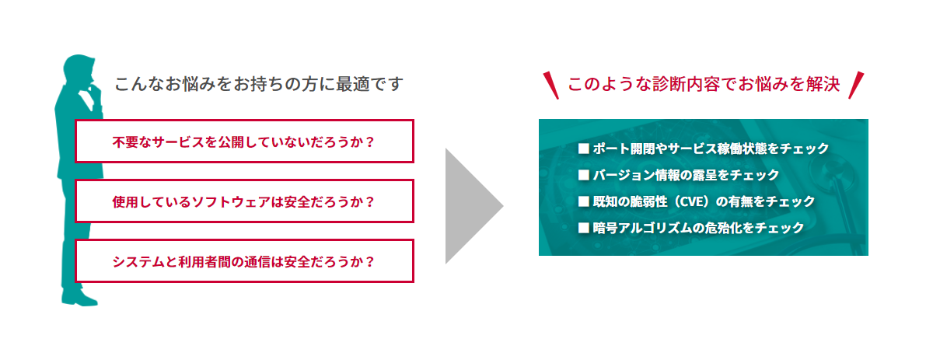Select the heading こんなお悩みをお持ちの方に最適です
(x=259, y=84)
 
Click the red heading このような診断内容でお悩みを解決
(x=704, y=84)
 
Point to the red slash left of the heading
(x=551, y=86)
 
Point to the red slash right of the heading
(x=856, y=86)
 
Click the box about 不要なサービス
(x=244, y=142)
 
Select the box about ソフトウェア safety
(x=244, y=201)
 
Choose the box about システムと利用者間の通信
(x=244, y=261)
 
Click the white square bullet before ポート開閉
(x=584, y=149)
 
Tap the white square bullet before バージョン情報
(x=584, y=175)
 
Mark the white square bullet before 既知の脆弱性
(x=584, y=201)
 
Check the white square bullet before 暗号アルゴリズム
(x=584, y=228)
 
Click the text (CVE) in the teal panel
(x=691, y=201)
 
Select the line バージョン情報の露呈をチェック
(x=686, y=175)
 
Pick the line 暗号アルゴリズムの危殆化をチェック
(x=698, y=228)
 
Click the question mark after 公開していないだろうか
(x=369, y=142)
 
